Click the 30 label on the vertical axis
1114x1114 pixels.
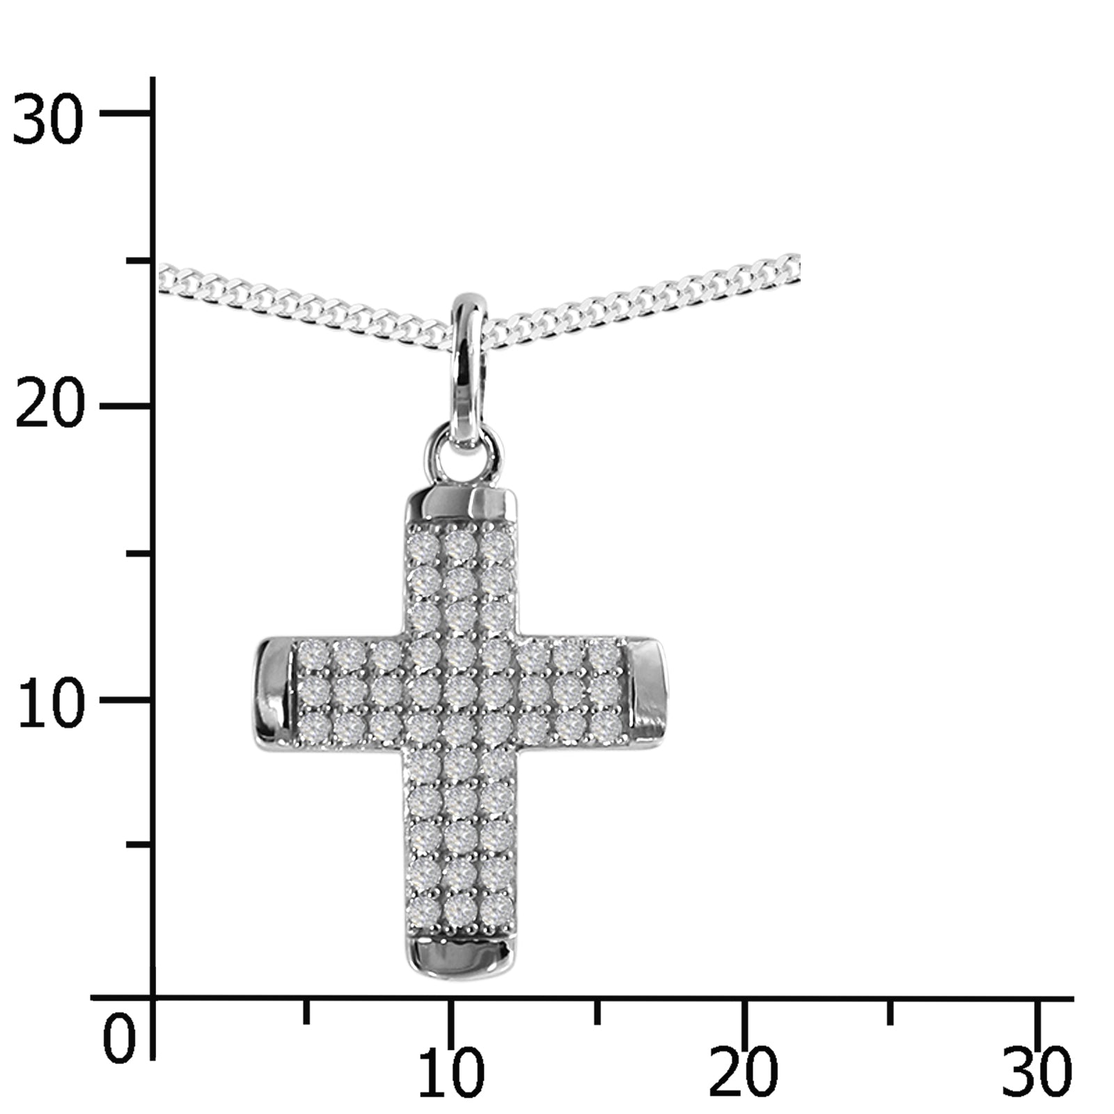point(48,120)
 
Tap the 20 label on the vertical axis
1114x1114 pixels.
point(49,407)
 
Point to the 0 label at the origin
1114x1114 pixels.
point(119,1039)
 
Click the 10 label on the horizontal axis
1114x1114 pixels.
point(451,1072)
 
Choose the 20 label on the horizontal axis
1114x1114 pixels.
point(743,1072)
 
